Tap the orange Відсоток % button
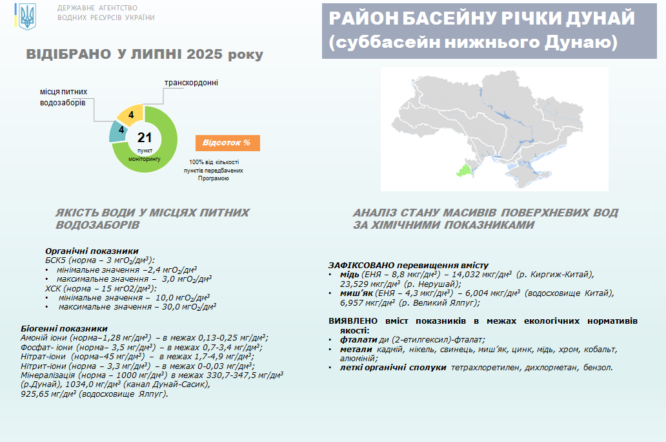click(x=228, y=143)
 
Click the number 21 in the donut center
click(x=145, y=138)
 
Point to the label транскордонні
click(x=191, y=83)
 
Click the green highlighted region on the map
click(x=465, y=171)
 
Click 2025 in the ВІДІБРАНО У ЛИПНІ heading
click(x=205, y=54)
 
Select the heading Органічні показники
click(x=92, y=251)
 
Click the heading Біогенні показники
click(x=64, y=328)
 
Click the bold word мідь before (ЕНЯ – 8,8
click(x=350, y=275)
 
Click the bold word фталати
click(x=358, y=340)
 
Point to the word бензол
click(x=598, y=368)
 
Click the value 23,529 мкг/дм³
click(x=370, y=284)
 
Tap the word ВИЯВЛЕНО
click(x=353, y=321)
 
